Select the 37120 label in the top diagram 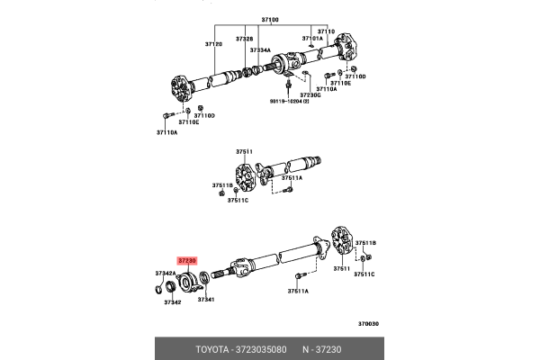point(213,43)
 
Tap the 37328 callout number point(246,40)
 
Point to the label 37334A point(260,51)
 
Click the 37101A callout point(312,40)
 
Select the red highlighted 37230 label point(187,260)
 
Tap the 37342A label point(165,273)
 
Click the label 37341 point(205,299)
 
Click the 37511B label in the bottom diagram point(365,243)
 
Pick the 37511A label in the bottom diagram point(298,292)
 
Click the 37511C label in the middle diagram point(238,200)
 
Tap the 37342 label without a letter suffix point(173,303)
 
